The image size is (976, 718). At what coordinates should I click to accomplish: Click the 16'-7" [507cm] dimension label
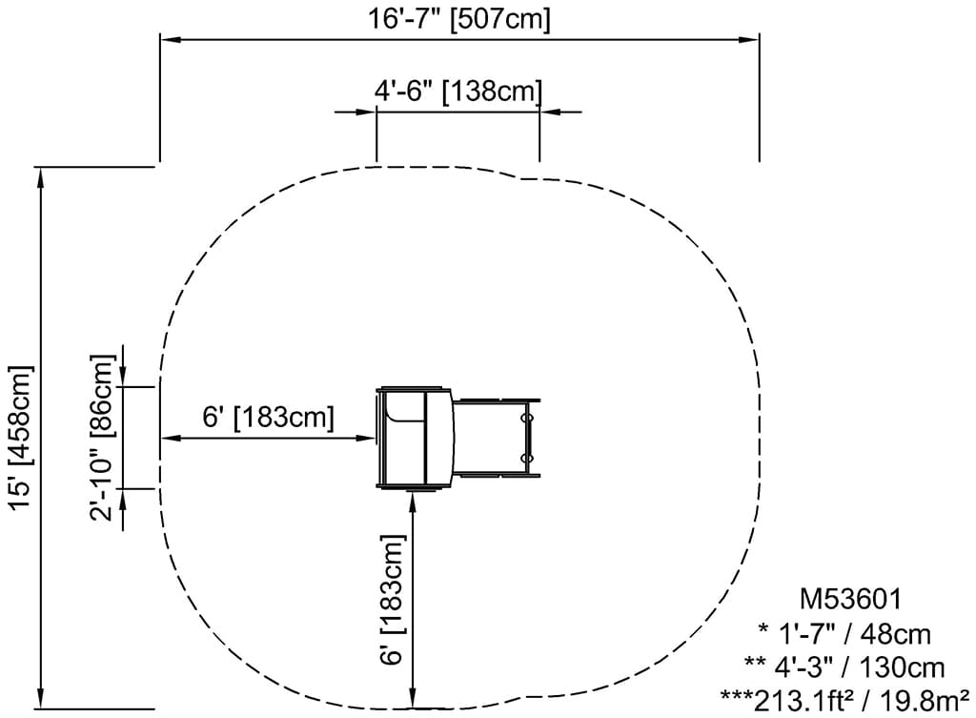[x=458, y=18]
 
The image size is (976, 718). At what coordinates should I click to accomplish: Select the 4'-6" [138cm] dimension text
[x=458, y=91]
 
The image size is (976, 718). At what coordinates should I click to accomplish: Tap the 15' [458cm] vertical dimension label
[x=21, y=438]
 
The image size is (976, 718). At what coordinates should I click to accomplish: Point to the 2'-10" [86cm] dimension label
[x=102, y=437]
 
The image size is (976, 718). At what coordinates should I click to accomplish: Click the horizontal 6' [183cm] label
[x=268, y=417]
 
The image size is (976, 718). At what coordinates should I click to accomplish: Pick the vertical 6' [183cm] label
[x=393, y=600]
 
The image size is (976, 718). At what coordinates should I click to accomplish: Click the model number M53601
[x=850, y=599]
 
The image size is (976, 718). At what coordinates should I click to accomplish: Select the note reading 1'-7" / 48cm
[x=844, y=634]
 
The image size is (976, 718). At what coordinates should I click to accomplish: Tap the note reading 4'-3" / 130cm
[x=844, y=667]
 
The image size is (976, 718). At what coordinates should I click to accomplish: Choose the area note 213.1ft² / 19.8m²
[x=844, y=701]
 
